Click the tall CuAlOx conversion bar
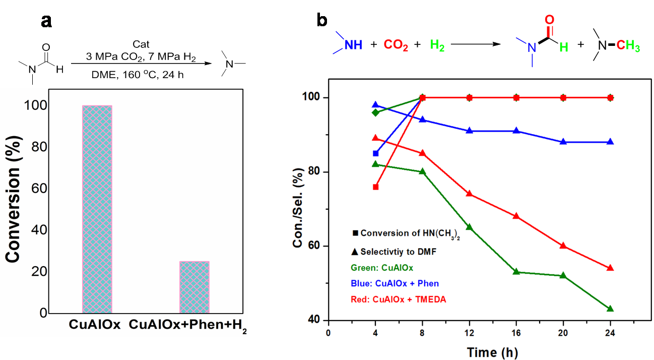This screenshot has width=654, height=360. click(97, 209)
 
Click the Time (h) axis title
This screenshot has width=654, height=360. click(492, 351)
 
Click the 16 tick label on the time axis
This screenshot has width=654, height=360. click(516, 333)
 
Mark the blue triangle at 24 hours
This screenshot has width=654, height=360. click(610, 142)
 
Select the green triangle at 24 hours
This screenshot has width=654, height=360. click(610, 309)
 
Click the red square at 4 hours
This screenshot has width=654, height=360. click(375, 187)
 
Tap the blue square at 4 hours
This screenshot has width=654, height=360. click(375, 153)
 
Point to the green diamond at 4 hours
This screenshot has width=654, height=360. click(375, 112)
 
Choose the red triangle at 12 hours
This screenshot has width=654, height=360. click(470, 194)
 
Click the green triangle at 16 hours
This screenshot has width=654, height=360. click(516, 271)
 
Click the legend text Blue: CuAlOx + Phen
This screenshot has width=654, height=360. click(396, 283)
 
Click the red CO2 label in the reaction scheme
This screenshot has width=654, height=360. click(396, 45)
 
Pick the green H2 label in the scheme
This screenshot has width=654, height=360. click(437, 45)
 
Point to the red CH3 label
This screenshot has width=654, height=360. click(628, 47)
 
